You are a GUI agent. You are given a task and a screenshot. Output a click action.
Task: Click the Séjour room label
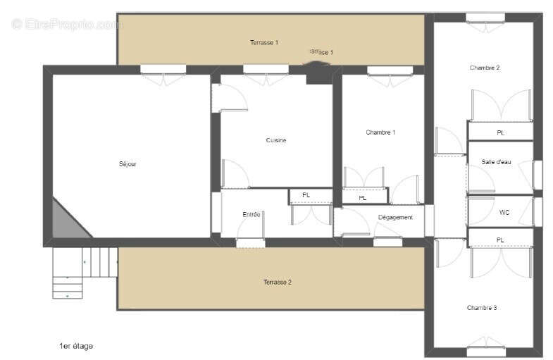128,164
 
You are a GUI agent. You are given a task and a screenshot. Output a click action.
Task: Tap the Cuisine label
275,140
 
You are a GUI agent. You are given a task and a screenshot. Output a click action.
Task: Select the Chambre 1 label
380,132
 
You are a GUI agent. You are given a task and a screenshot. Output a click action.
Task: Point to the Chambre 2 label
485,68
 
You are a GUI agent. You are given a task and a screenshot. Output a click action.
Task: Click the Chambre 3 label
482,308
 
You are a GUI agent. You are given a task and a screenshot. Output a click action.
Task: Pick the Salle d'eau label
496,162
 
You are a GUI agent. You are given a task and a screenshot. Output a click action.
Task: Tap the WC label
504,211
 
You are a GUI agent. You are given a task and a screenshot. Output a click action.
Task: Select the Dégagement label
395,218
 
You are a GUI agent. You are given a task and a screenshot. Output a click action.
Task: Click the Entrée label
251,214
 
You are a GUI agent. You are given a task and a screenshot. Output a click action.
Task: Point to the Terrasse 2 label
278,282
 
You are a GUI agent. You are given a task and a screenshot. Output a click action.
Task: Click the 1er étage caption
76,346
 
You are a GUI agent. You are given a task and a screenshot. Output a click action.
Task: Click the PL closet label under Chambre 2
500,132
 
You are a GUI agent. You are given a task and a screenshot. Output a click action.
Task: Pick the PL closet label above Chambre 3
500,240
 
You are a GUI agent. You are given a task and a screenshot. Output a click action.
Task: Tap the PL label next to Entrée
306,195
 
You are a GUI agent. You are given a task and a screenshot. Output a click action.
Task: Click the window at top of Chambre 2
485,18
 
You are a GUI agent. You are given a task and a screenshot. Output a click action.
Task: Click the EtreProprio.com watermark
67,24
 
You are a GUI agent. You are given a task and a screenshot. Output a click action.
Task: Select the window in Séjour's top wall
163,69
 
